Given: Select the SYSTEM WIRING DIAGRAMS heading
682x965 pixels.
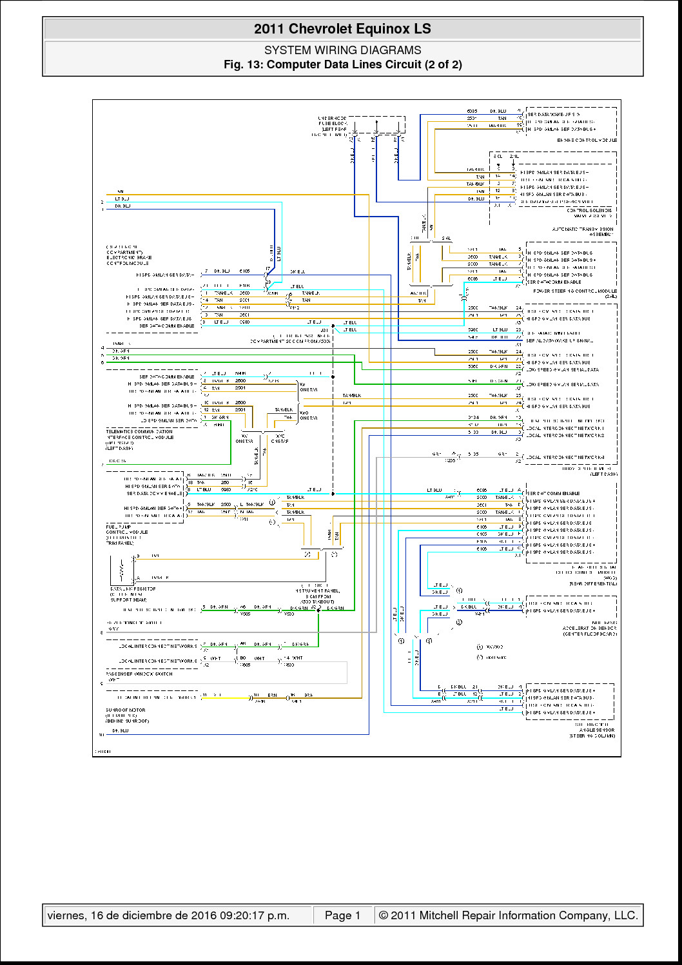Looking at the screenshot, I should click(342, 50).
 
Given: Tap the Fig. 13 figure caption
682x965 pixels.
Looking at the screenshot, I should click(342, 64).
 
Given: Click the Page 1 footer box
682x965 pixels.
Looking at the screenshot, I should click(342, 915).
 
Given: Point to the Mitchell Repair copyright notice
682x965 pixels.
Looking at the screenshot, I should click(508, 915).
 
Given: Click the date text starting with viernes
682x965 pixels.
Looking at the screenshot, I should click(168, 915).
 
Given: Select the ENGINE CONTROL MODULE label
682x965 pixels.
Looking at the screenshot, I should click(587, 140).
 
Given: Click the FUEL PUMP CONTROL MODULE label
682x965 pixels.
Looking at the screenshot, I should click(127, 535).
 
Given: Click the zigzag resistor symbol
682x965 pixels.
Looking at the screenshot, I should click(122, 569).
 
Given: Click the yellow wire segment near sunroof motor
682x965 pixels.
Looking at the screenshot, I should click(226, 698).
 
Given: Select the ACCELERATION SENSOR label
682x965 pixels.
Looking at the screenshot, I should click(589, 629).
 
